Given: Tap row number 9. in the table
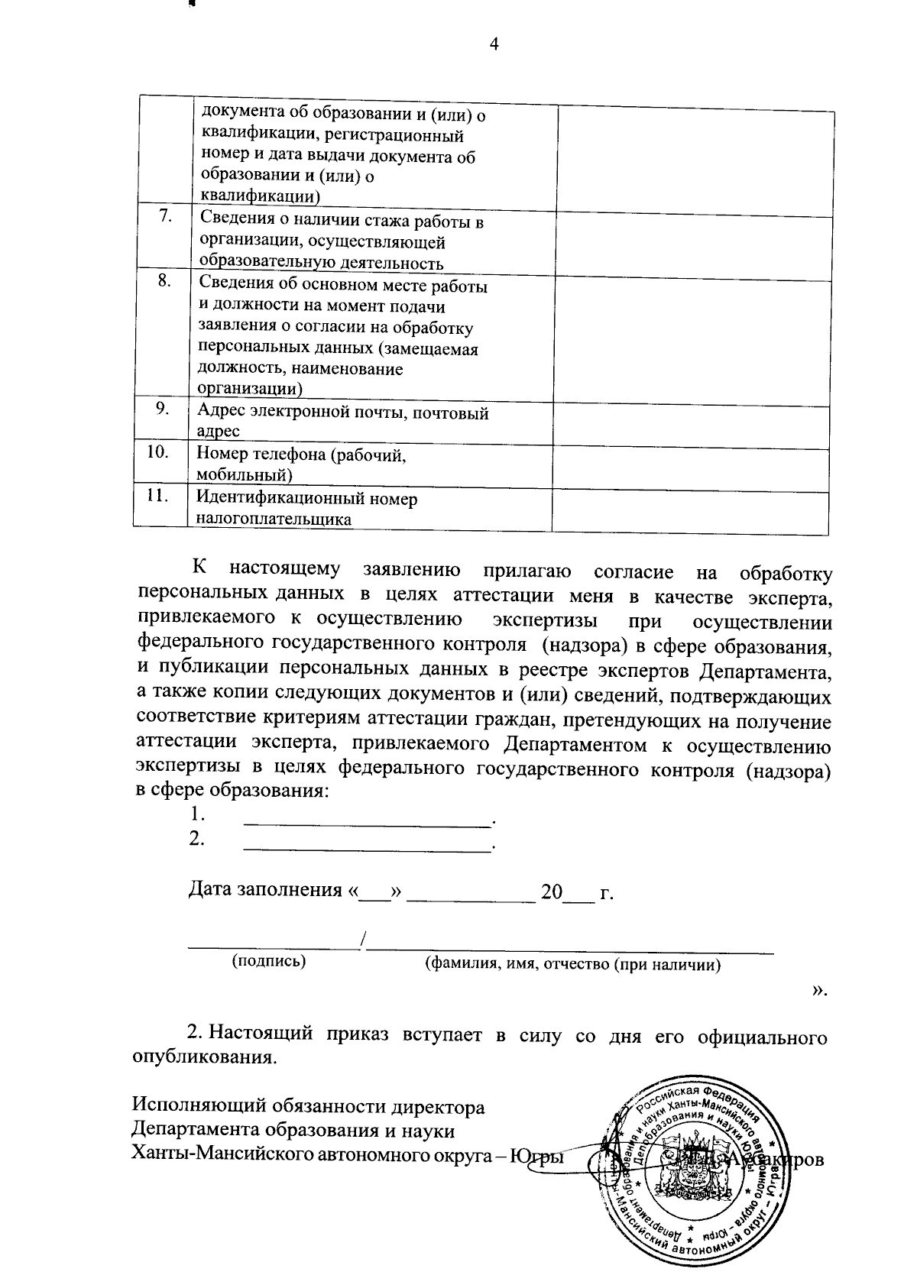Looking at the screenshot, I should click(x=162, y=408).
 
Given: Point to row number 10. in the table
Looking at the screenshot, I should click(x=157, y=451).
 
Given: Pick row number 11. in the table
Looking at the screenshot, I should click(x=157, y=495).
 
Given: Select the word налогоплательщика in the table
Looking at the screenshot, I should click(x=274, y=520).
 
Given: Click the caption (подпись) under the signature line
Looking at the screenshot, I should click(x=268, y=961).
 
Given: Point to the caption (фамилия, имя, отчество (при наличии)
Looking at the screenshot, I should click(x=572, y=964).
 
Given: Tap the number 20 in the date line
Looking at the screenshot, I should click(x=551, y=892).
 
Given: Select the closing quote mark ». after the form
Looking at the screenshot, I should click(x=819, y=990).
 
